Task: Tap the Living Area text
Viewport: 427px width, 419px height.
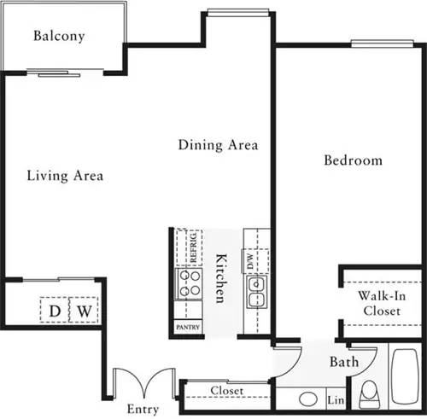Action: (65, 176)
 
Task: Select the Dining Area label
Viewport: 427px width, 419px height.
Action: (218, 144)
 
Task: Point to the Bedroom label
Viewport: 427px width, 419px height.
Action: (353, 160)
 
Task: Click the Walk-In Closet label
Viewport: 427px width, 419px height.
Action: (381, 304)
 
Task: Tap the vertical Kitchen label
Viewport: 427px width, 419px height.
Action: (219, 278)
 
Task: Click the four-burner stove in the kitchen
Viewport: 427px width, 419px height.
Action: (188, 282)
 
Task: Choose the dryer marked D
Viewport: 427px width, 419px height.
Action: (54, 310)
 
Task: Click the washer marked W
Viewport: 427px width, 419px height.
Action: (83, 310)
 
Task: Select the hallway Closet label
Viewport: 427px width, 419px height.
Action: (226, 391)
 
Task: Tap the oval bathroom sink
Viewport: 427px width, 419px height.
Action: (308, 399)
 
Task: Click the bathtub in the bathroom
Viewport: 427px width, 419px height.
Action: (405, 375)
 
